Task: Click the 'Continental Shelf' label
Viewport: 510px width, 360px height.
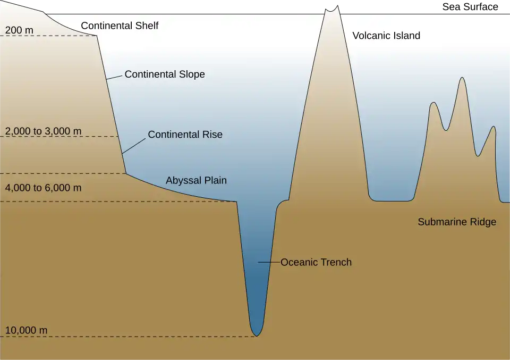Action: pyautogui.click(x=120, y=26)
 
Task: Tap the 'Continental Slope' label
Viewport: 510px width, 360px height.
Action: pyautogui.click(x=165, y=74)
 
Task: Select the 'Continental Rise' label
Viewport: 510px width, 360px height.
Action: pyautogui.click(x=185, y=135)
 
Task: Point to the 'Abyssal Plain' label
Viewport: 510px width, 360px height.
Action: pyautogui.click(x=196, y=180)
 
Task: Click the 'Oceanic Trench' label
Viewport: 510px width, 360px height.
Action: pyautogui.click(x=316, y=262)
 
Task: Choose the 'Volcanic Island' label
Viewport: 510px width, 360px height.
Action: pyautogui.click(x=386, y=36)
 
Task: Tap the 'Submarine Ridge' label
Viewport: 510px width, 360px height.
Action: pyautogui.click(x=457, y=222)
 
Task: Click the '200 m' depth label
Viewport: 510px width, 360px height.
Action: pyautogui.click(x=19, y=30)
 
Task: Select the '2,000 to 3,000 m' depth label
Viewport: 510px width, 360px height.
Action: pyautogui.click(x=44, y=131)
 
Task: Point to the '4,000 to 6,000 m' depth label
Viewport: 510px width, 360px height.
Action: pyautogui.click(x=44, y=188)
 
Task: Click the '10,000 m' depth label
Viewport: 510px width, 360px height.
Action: pyautogui.click(x=27, y=330)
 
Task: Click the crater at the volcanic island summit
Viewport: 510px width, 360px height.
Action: pyautogui.click(x=332, y=9)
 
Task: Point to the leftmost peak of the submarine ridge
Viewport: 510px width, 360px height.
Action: pyautogui.click(x=434, y=103)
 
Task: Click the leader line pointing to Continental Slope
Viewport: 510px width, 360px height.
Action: pyautogui.click(x=114, y=77)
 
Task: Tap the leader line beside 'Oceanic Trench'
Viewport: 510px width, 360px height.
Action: pyautogui.click(x=269, y=262)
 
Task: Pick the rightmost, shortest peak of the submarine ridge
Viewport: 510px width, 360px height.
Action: pyautogui.click(x=494, y=127)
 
